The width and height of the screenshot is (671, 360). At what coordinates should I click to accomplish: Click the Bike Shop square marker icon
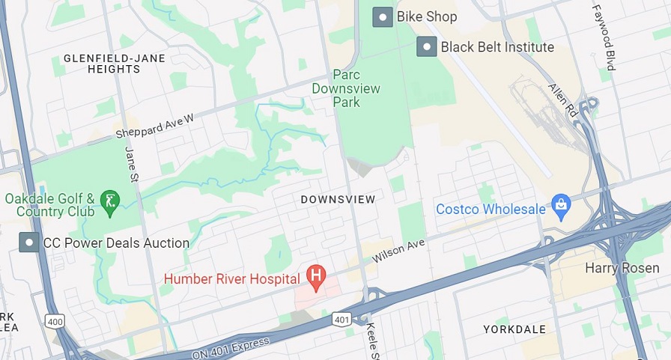coord(383,16)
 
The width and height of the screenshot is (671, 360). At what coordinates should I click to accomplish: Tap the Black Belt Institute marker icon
coord(427,47)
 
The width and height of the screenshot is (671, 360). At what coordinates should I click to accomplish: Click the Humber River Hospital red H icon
coord(316,278)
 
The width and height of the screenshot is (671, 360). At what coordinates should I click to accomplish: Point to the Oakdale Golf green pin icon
coord(110,201)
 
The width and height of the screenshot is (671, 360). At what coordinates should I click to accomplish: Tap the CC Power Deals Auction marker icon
coord(29,242)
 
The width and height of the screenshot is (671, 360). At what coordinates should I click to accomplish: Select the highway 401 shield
coord(341,320)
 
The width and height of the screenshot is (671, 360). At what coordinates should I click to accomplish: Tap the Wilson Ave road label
coord(398,249)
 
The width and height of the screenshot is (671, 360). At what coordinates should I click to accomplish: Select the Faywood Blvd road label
coord(604,37)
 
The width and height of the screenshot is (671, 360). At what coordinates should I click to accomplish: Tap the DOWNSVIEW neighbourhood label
coord(338,200)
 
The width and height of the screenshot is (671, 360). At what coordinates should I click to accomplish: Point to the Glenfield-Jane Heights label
coord(102,63)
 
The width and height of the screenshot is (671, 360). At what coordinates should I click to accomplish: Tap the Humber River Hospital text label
coord(231,279)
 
